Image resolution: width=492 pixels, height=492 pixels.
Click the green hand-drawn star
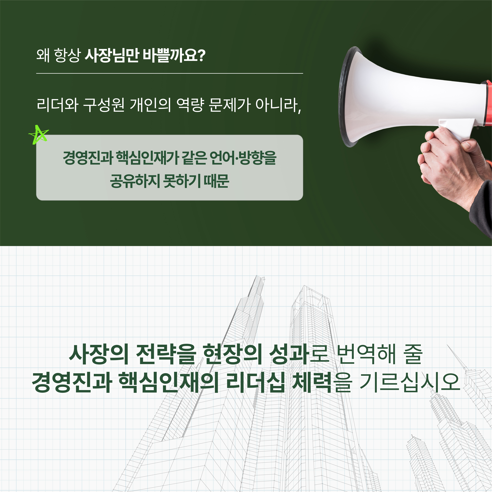(38, 135)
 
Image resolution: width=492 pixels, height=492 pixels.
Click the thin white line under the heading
(170, 73)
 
